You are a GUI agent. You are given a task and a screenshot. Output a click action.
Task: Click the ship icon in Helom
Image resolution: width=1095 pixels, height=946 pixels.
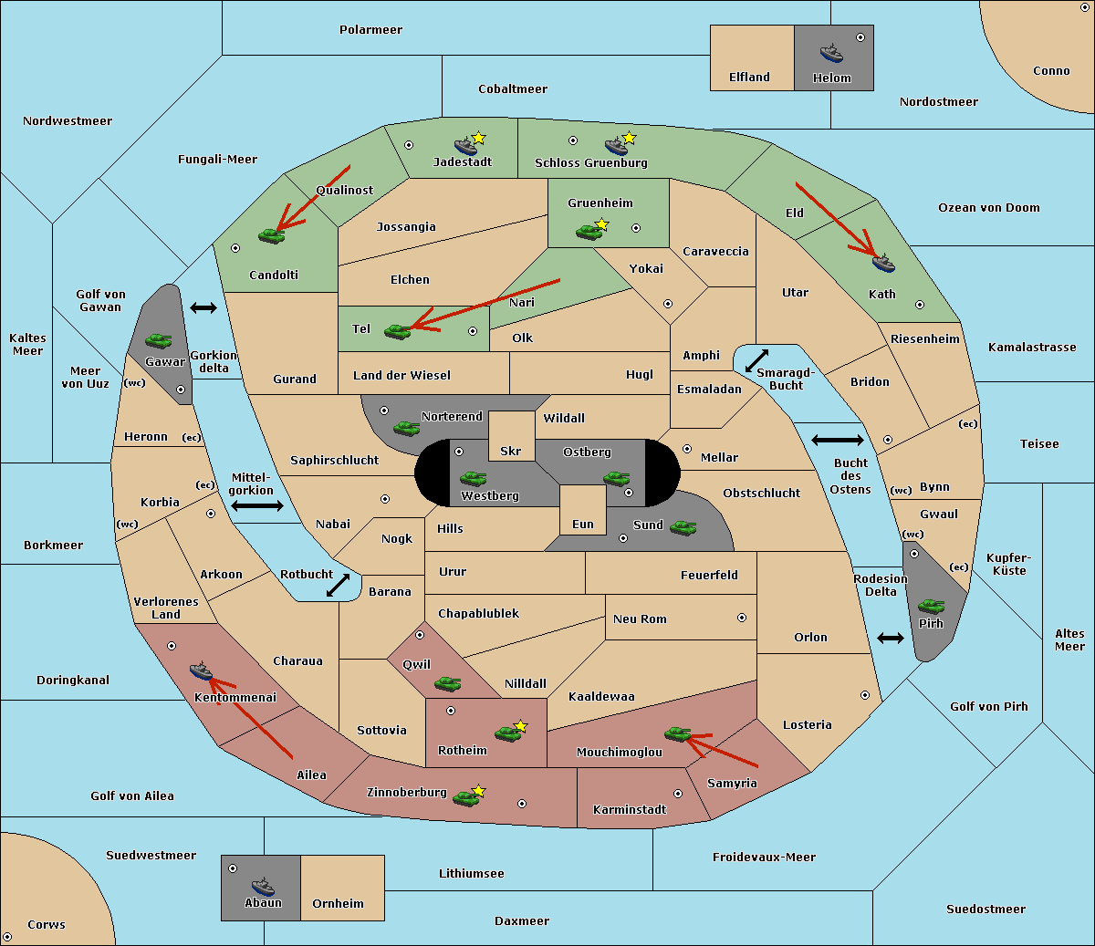point(831,54)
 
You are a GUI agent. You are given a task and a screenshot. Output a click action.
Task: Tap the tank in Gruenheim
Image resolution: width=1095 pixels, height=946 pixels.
point(589,232)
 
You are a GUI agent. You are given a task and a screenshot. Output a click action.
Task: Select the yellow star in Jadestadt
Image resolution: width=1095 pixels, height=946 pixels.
point(478,138)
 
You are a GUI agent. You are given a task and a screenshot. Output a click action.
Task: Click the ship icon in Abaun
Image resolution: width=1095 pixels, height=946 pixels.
point(263,886)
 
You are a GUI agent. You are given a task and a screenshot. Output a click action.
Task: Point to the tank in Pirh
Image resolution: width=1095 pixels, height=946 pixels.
point(931,606)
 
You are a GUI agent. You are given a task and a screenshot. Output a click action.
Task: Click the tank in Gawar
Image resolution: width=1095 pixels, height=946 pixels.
point(158,340)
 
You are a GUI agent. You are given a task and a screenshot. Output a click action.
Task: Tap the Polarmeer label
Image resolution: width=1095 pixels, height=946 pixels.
point(370,30)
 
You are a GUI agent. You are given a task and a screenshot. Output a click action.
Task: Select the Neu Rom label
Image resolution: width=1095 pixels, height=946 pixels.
point(640,619)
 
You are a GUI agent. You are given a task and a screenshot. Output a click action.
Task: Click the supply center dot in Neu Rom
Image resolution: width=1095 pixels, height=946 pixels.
point(742,618)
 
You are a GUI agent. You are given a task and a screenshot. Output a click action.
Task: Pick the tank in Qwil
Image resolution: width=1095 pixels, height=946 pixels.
point(447,683)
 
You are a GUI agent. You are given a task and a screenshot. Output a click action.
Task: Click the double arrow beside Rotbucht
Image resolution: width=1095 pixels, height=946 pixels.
point(338,585)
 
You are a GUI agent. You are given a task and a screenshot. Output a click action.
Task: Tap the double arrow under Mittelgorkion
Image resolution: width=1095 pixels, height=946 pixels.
point(257,505)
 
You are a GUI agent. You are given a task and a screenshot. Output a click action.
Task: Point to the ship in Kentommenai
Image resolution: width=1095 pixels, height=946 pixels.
point(201,670)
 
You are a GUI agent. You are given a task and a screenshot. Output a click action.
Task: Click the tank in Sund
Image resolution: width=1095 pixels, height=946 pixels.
point(683,527)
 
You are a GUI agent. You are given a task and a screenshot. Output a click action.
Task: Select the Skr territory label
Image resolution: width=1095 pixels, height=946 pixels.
point(510,451)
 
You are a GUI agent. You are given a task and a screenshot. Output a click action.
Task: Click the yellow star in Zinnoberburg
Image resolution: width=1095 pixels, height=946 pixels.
point(478,791)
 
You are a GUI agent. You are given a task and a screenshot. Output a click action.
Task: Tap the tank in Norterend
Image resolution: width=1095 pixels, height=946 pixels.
point(406,428)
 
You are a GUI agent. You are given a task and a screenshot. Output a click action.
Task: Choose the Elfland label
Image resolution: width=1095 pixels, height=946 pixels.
point(749,78)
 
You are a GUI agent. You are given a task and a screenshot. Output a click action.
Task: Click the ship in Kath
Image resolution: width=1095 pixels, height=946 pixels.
point(883,263)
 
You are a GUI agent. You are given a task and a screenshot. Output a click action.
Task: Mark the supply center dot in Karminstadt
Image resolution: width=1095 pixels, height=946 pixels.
point(678,794)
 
